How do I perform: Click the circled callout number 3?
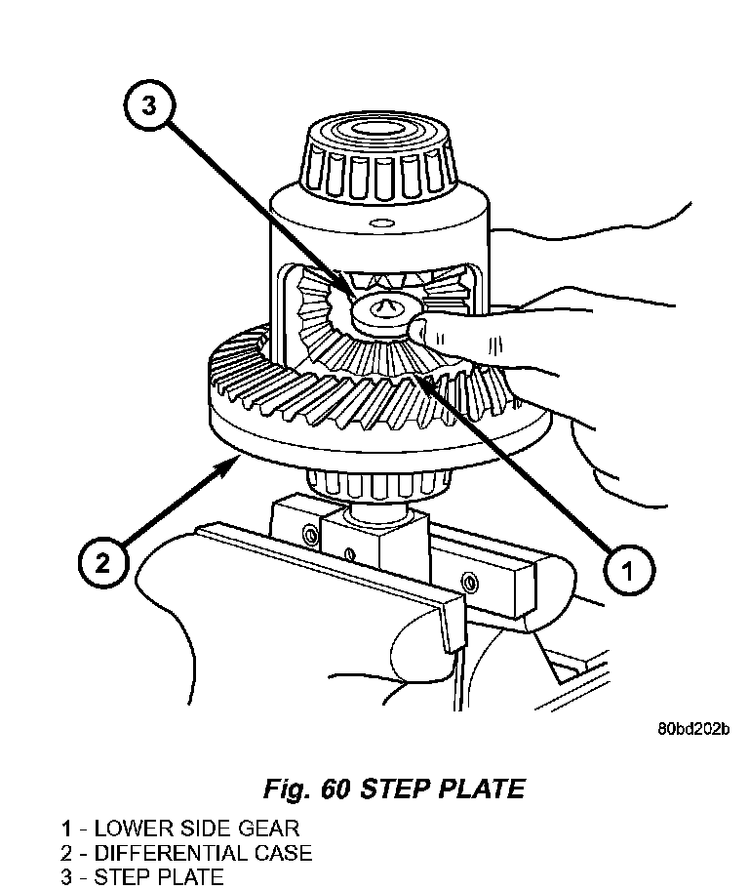149,105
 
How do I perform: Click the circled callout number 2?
102,564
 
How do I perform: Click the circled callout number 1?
627,570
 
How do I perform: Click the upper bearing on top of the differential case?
378,158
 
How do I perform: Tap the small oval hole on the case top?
380,222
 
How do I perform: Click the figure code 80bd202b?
693,728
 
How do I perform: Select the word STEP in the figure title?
397,789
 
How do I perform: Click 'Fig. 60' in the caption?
307,789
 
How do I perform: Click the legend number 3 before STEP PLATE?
67,877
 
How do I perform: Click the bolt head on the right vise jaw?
469,582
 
